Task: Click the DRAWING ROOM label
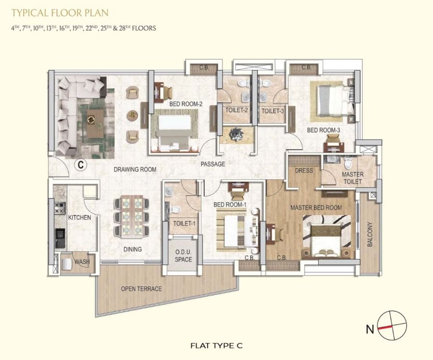click(x=135, y=169)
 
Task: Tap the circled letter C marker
click(x=81, y=165)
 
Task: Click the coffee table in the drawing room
click(x=96, y=123)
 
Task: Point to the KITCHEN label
click(x=79, y=218)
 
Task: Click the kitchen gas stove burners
click(x=60, y=208)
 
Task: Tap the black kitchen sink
click(x=60, y=238)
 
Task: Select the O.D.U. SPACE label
click(x=183, y=256)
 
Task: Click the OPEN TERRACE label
click(x=141, y=289)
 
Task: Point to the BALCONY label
click(x=370, y=234)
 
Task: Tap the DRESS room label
click(x=304, y=170)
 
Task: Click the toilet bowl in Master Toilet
click(x=348, y=164)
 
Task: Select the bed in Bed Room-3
click(x=335, y=101)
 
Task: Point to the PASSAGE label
click(x=213, y=164)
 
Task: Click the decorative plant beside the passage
click(x=236, y=135)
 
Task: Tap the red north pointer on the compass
click(x=385, y=328)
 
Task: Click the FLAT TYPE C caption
click(x=216, y=346)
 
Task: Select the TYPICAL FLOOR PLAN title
click(x=60, y=13)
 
